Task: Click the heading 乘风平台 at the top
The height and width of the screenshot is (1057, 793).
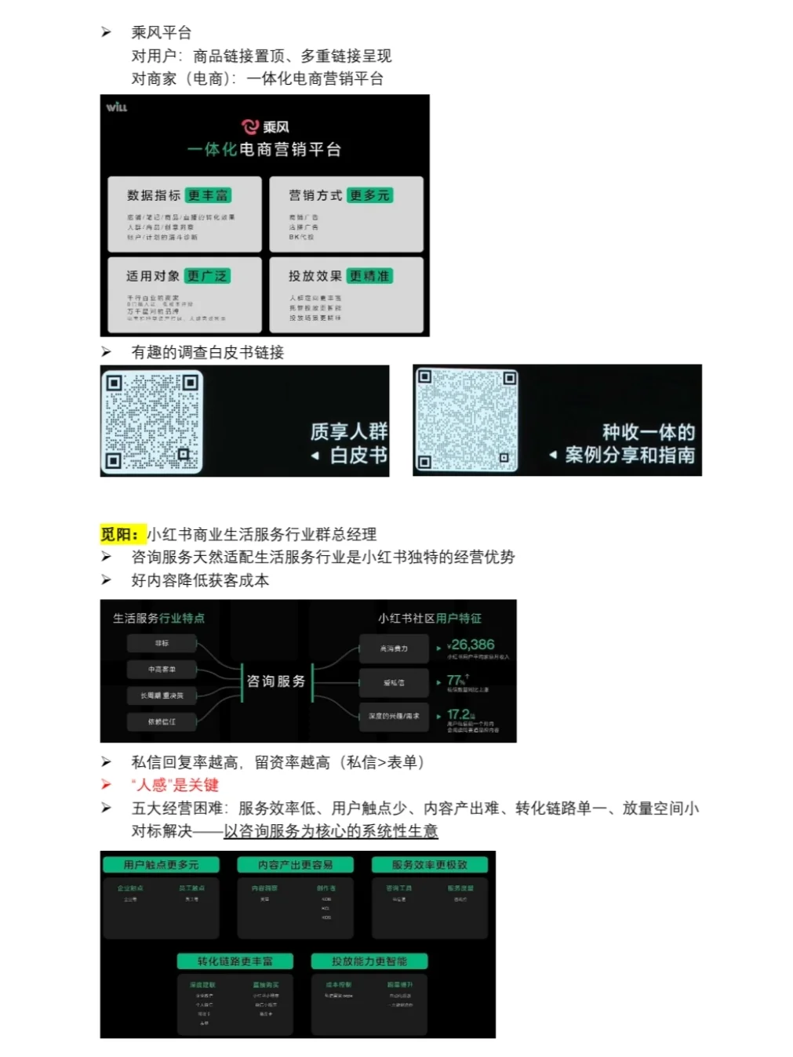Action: pos(161,32)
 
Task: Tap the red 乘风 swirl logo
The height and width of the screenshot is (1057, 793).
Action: pos(250,126)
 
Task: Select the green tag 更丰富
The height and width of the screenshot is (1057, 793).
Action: pos(208,195)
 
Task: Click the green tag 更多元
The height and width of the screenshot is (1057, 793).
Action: pos(369,195)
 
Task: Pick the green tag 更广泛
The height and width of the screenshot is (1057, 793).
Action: pos(207,276)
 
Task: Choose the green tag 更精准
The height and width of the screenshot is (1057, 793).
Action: pos(369,276)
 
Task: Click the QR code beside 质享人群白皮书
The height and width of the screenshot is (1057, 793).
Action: pos(152,421)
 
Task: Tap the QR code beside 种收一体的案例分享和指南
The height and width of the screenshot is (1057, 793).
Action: pos(467,420)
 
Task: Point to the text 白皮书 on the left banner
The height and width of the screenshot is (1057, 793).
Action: pos(358,456)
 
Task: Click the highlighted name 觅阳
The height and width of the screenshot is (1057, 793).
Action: pos(119,534)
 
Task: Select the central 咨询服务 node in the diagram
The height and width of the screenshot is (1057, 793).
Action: pos(276,681)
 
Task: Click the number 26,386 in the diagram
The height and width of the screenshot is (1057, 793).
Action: pos(472,645)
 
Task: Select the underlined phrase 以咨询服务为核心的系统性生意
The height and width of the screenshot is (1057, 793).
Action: pos(330,831)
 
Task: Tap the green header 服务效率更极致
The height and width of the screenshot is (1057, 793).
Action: pos(429,865)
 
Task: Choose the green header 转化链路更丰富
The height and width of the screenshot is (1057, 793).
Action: pos(235,961)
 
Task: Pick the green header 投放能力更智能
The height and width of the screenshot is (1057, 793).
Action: pos(369,961)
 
